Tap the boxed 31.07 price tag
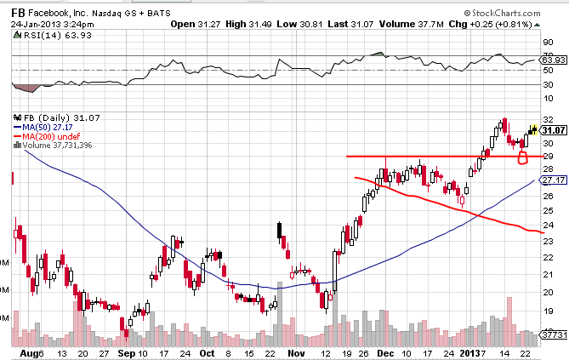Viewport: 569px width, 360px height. pos(554,130)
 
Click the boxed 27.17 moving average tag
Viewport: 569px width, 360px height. pos(554,180)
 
